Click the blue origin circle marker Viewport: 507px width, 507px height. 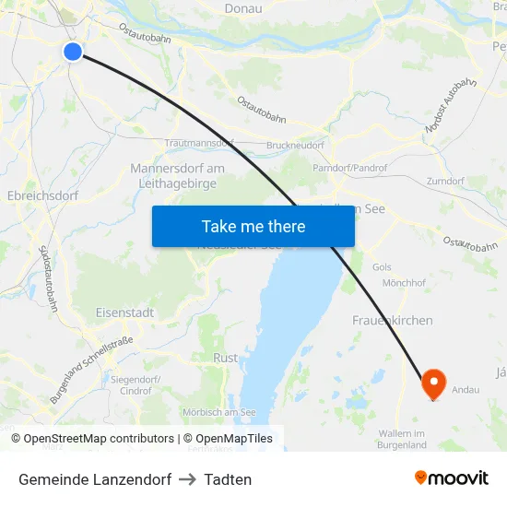pyautogui.click(x=73, y=52)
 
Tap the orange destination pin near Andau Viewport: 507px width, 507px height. pyautogui.click(x=433, y=383)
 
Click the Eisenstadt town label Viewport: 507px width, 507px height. pyautogui.click(x=124, y=313)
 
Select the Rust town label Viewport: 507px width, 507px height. pyautogui.click(x=225, y=358)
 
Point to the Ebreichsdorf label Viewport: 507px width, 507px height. pyautogui.click(x=42, y=196)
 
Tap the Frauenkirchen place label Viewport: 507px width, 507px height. pyautogui.click(x=393, y=320)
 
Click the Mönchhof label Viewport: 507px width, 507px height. pyautogui.click(x=403, y=283)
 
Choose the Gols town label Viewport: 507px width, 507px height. pyautogui.click(x=382, y=267)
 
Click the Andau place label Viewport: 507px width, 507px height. pyautogui.click(x=466, y=390)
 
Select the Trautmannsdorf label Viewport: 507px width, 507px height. pyautogui.click(x=199, y=144)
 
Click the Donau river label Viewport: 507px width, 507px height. pyautogui.click(x=243, y=9)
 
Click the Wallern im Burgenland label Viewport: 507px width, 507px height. pyautogui.click(x=402, y=439)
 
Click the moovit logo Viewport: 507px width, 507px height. pyautogui.click(x=452, y=478)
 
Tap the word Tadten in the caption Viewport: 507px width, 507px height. pyautogui.click(x=229, y=479)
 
